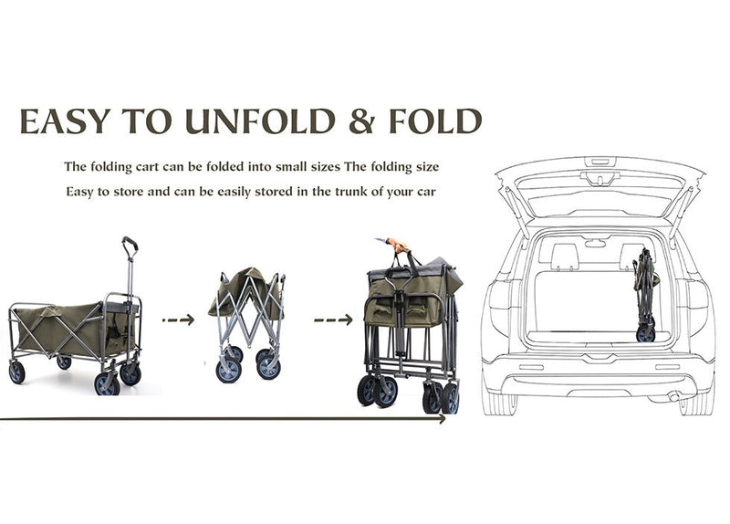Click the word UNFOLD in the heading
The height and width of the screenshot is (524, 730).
[260, 121]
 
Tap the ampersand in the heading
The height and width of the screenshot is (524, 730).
[361, 121]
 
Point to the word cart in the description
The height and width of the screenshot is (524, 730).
[149, 167]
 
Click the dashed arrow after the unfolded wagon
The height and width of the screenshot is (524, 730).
[178, 320]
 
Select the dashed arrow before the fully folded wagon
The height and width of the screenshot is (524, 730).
[333, 320]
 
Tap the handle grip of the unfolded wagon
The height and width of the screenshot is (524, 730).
[130, 243]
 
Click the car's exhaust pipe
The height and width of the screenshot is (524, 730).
[673, 397]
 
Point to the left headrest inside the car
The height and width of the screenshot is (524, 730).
[565, 257]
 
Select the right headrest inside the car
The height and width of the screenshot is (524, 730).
[631, 257]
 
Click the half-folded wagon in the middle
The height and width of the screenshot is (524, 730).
[247, 325]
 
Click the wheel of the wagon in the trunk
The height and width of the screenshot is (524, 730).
[646, 334]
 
